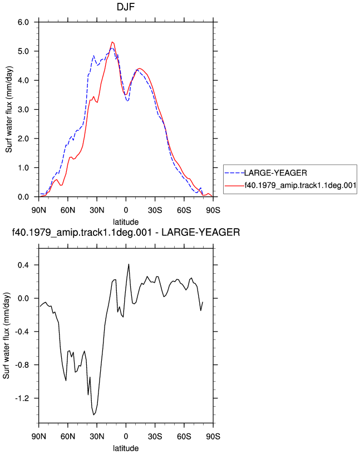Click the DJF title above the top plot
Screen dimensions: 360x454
(126, 7)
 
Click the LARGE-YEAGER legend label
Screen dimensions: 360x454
(275, 173)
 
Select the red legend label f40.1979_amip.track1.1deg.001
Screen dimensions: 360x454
(300, 185)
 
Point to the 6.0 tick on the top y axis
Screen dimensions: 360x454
(23, 22)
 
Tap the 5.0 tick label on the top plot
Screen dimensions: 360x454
(23, 51)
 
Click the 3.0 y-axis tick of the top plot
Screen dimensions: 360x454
(23, 110)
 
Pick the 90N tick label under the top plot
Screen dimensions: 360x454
(39, 210)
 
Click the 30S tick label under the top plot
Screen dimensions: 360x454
(155, 210)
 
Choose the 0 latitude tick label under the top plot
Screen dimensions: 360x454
(126, 210)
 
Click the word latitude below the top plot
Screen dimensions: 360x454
(126, 222)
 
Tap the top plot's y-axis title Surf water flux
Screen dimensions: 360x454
(9, 110)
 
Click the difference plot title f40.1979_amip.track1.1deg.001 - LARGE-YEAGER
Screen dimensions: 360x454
(126, 232)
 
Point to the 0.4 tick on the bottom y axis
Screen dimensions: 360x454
(23, 265)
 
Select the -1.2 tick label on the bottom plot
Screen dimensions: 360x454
(22, 398)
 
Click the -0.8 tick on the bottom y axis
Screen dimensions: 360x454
(22, 365)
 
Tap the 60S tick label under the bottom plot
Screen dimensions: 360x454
(184, 436)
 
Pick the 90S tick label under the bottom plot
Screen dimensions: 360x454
(213, 436)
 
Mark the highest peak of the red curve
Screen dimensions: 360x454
(112, 42)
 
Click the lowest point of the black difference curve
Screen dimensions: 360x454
(93, 415)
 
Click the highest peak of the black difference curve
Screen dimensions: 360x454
(129, 264)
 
